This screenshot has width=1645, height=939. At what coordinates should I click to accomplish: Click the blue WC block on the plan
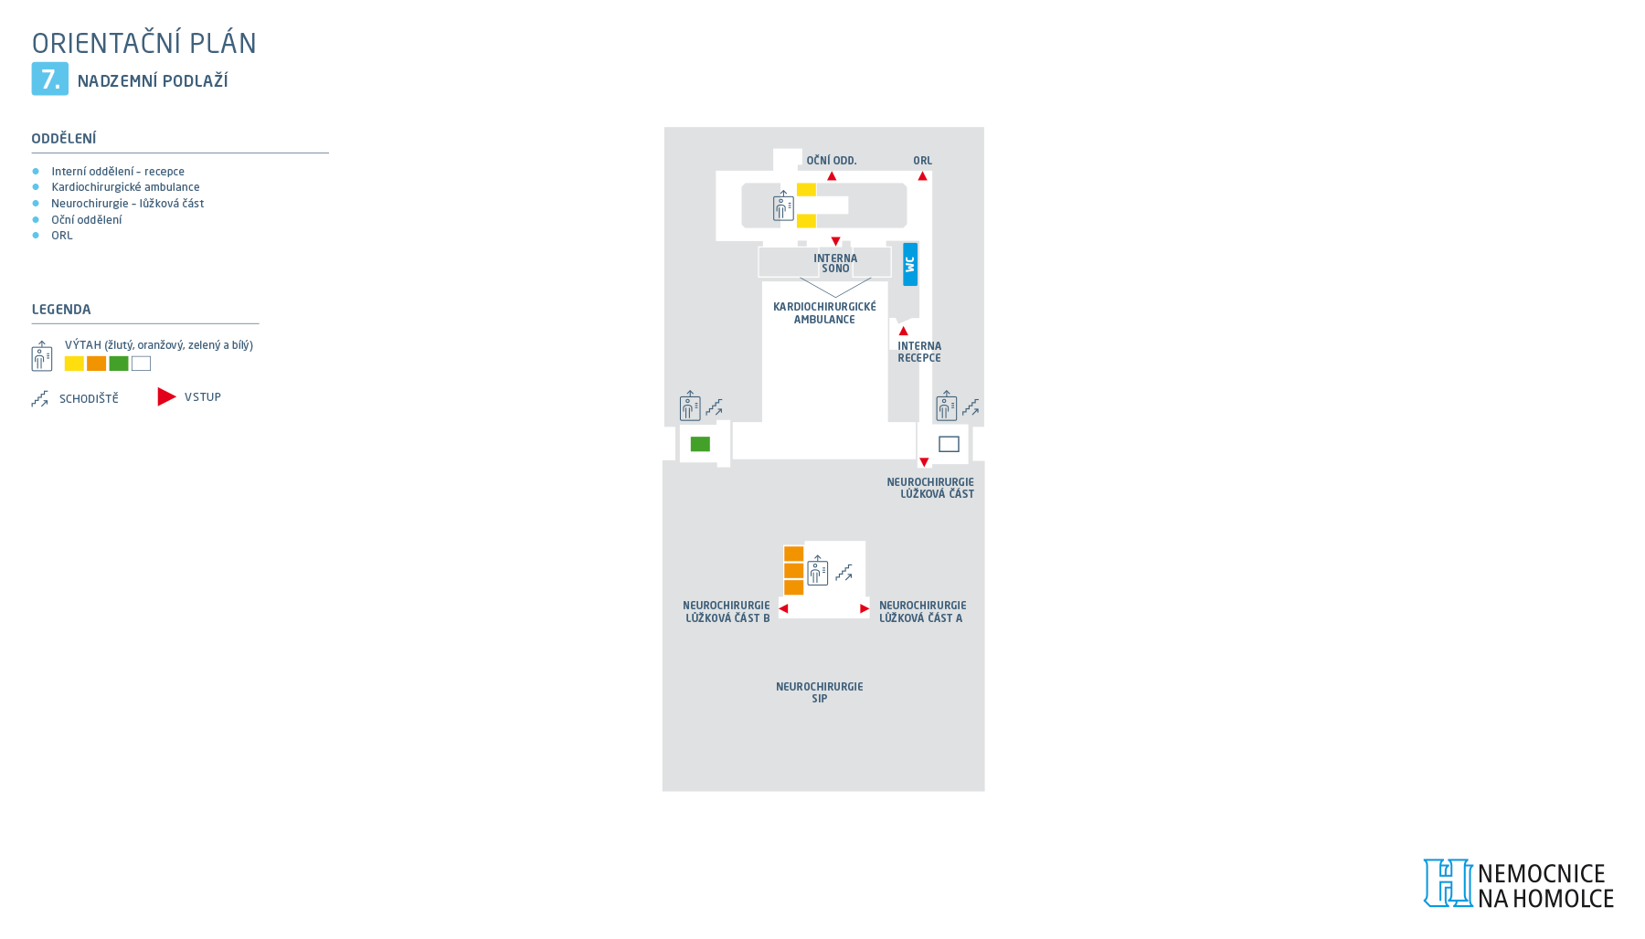(x=910, y=264)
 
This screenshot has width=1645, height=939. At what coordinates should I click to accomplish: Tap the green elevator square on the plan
(x=700, y=444)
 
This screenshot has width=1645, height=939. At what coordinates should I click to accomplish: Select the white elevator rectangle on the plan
(x=949, y=444)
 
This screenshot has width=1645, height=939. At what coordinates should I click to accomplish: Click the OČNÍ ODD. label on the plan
(x=832, y=161)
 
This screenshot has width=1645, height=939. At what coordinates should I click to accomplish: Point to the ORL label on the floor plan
(x=923, y=161)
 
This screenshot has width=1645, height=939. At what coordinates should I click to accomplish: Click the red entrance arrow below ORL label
(x=923, y=176)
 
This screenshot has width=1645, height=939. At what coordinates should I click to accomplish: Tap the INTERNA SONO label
(x=835, y=263)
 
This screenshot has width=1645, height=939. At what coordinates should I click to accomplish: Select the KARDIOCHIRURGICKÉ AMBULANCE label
(x=824, y=313)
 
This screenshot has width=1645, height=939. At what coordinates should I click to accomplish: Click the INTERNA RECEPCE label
(x=919, y=352)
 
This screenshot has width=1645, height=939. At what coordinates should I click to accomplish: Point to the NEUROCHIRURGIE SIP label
(x=820, y=692)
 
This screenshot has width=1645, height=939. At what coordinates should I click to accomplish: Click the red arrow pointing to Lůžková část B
(x=783, y=608)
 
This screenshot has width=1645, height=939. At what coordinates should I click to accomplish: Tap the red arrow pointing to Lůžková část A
(x=865, y=608)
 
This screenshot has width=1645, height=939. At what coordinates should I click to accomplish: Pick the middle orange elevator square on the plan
(x=794, y=571)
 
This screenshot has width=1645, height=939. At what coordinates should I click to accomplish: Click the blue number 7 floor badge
(x=50, y=79)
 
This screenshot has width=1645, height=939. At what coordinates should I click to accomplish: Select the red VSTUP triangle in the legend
(x=166, y=396)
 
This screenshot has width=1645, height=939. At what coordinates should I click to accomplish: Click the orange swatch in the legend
(x=96, y=364)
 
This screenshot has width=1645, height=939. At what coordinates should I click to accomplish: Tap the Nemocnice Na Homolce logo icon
(x=1448, y=883)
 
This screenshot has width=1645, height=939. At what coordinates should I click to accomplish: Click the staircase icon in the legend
(x=39, y=399)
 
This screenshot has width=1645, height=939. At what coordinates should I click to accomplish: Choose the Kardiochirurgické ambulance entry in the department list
(x=125, y=187)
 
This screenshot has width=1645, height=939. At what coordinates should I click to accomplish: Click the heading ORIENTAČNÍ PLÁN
(x=144, y=43)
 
